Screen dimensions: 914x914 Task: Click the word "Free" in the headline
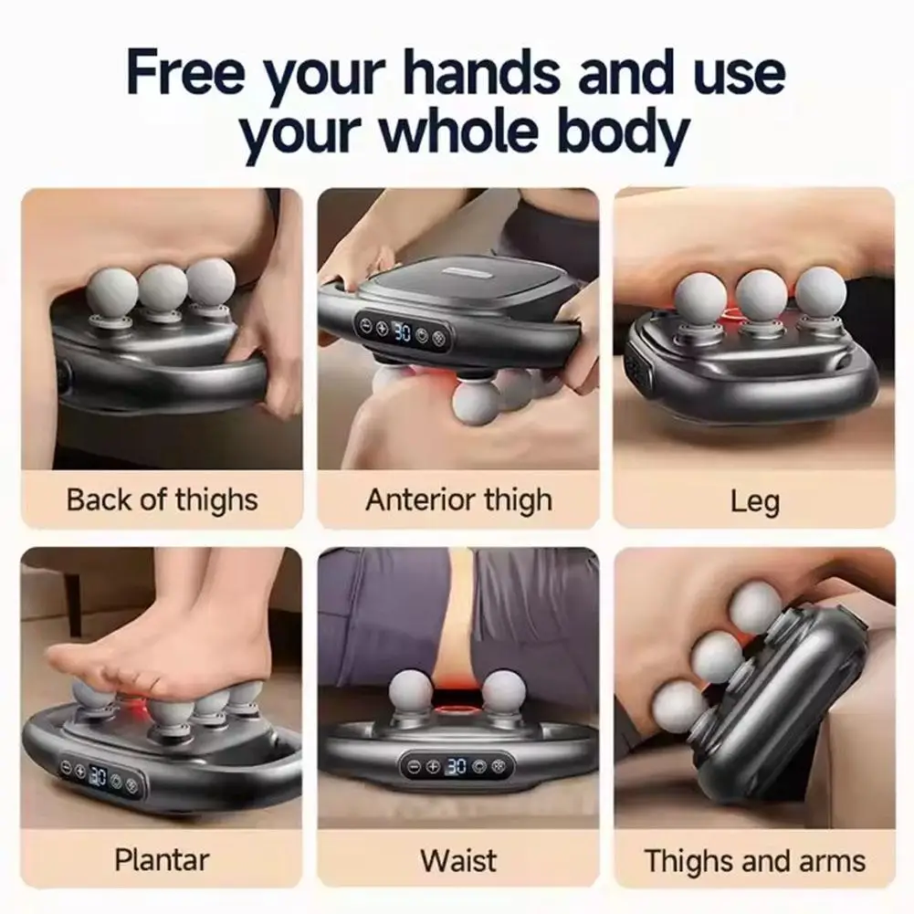(x=186, y=73)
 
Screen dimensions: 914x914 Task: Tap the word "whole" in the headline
(x=458, y=131)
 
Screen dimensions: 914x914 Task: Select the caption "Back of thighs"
(x=162, y=500)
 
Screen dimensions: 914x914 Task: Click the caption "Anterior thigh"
(x=458, y=500)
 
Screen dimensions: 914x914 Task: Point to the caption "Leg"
(x=755, y=501)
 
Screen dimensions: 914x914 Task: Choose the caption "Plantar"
(x=162, y=860)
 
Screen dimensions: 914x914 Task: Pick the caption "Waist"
(x=458, y=860)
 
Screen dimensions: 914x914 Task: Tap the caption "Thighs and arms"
(x=755, y=861)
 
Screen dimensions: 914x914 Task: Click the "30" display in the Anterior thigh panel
(x=402, y=331)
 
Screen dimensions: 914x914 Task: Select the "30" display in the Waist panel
(x=457, y=766)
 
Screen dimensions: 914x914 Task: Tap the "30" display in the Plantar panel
(x=98, y=776)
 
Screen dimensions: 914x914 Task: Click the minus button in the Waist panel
(x=414, y=766)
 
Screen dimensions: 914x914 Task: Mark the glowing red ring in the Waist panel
(x=458, y=710)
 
